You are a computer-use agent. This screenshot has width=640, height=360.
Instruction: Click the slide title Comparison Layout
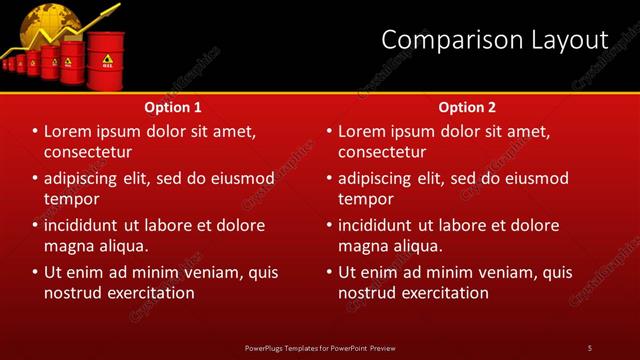495,40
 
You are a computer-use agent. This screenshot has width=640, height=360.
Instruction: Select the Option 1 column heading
173,106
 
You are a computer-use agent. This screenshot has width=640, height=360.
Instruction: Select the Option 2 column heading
466,106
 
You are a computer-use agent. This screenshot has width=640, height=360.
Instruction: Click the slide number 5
590,347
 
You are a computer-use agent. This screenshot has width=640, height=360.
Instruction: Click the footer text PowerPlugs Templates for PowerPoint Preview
320,347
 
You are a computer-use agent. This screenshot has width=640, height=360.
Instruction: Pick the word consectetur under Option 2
382,152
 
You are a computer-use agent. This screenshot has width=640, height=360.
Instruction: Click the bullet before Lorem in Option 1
36,132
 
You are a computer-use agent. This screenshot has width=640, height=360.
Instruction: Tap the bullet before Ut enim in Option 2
330,272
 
